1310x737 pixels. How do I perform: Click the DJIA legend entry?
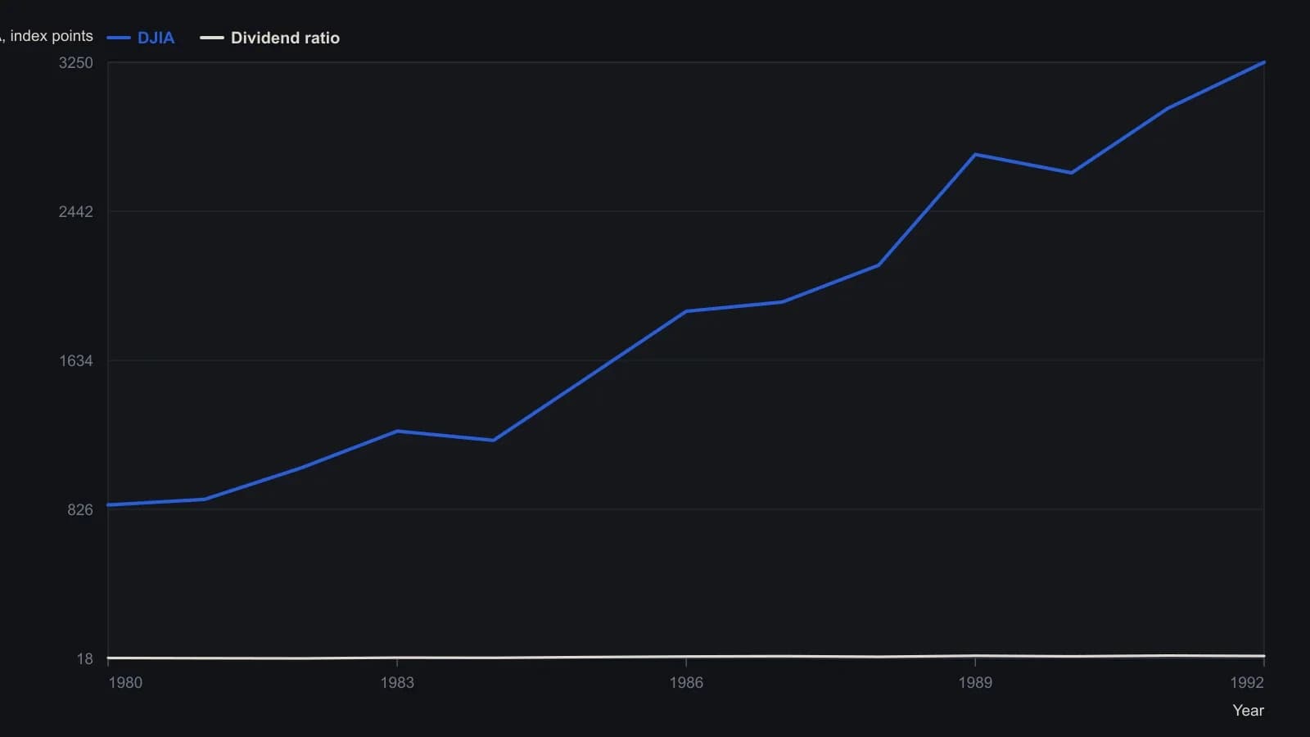[140, 38]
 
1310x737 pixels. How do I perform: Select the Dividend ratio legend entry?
[269, 38]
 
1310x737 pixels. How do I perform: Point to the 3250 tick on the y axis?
[75, 62]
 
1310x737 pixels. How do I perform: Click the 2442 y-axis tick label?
[75, 212]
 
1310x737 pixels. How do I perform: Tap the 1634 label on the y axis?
[76, 361]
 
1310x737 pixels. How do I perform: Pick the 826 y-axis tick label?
[80, 510]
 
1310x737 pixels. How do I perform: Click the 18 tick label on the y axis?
[85, 659]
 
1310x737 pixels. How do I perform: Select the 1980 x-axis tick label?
[125, 683]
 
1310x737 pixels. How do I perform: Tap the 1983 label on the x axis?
[397, 683]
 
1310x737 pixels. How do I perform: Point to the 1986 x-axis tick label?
[686, 683]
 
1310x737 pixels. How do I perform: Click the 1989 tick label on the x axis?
[975, 683]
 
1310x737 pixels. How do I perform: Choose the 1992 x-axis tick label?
[1247, 683]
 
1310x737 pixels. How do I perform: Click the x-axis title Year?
[1248, 711]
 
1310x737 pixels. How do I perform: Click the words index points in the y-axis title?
[52, 36]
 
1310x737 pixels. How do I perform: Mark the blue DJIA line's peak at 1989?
[975, 155]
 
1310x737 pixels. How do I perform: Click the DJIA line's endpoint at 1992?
[1264, 62]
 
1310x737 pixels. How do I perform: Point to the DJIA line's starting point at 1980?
[108, 504]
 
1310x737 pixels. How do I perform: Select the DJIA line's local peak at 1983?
[397, 432]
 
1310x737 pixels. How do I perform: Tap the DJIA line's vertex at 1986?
[686, 311]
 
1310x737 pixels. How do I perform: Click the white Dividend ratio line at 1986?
[686, 657]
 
